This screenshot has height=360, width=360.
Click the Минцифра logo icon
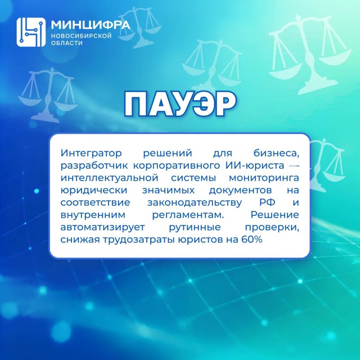[31, 32]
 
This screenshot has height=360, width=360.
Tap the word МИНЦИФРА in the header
[90, 25]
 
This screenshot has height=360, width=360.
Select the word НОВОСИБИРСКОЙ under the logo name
[81, 36]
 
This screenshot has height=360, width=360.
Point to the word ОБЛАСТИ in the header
[67, 43]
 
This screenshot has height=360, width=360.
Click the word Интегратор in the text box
[91, 153]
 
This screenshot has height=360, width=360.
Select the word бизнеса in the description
[276, 153]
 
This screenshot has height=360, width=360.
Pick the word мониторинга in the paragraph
[264, 178]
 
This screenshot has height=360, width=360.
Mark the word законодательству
[194, 203]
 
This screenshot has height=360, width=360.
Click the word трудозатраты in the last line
[139, 240]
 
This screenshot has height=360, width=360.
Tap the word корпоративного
[176, 166]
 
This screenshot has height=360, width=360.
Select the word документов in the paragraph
[240, 190]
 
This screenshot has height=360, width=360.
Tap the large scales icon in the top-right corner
[310, 54]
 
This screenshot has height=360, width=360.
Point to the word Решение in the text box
[274, 215]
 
